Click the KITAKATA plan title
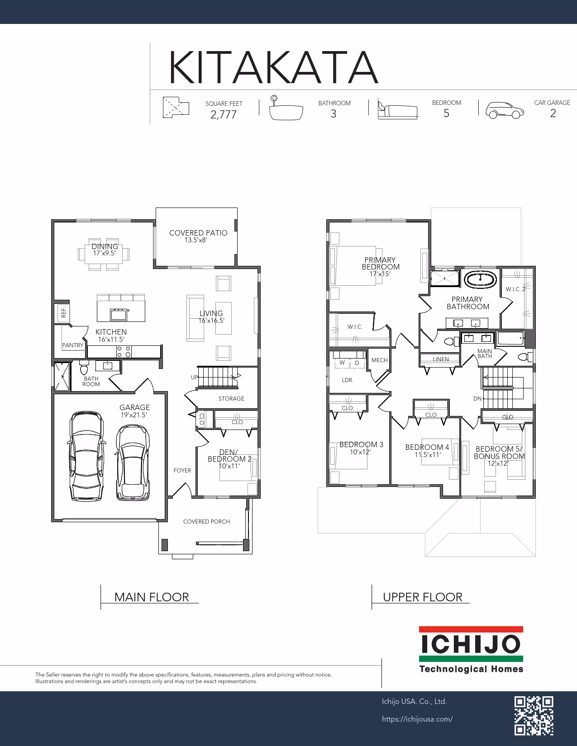273,67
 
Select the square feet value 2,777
224,115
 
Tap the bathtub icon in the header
286,108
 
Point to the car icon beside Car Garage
505,110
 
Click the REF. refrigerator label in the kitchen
63,312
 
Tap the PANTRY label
73,345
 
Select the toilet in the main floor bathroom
84,368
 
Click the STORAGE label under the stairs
231,399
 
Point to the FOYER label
182,471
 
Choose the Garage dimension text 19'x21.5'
134,415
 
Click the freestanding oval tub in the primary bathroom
481,279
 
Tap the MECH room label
379,360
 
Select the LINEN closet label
441,359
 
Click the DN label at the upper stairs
477,399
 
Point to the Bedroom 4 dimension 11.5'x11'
428,455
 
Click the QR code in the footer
534,716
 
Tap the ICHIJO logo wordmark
471,644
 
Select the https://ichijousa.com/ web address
417,719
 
